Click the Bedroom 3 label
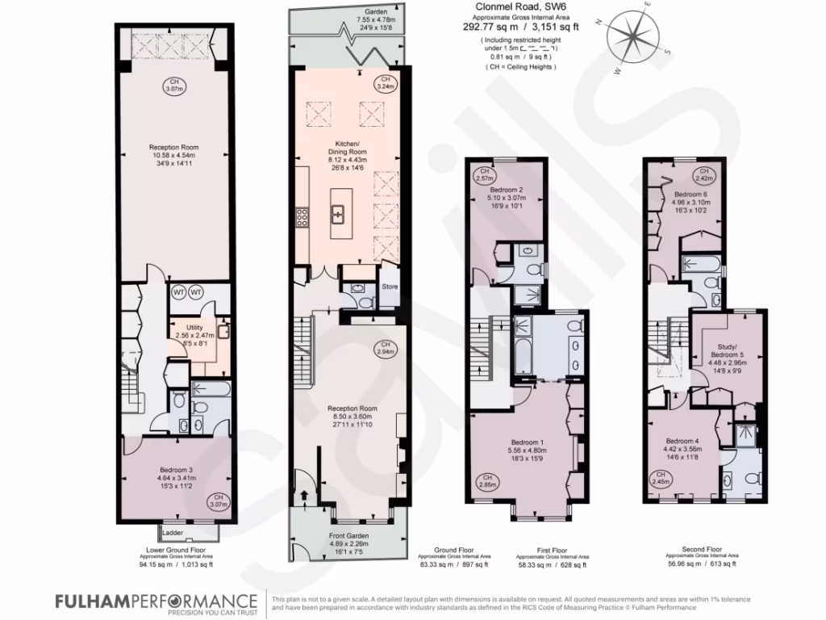point(174,470)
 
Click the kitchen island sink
point(339,214)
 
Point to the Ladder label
point(173,534)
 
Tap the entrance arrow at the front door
point(303,495)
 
